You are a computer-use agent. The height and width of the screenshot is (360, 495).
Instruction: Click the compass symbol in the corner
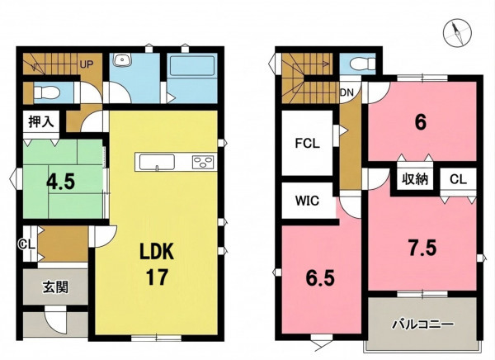point(457,32)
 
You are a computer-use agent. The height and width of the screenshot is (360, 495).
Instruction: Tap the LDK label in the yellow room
point(157,252)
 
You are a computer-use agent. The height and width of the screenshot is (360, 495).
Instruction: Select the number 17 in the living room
point(157,277)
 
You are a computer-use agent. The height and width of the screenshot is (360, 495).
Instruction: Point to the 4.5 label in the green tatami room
point(60,182)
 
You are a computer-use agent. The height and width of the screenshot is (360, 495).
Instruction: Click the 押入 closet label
point(41,121)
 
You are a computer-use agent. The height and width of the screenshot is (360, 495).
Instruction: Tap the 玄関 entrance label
point(55,287)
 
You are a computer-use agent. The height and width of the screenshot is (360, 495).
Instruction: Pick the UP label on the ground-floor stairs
point(87,64)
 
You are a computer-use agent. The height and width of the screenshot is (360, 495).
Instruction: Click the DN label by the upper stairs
point(346,92)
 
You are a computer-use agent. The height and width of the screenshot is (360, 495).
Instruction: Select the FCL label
point(308,144)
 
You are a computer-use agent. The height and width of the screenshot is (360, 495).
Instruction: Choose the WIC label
point(307,201)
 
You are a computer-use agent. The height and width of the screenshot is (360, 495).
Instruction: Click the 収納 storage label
point(415,179)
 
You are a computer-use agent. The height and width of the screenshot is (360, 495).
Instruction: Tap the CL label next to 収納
point(458,179)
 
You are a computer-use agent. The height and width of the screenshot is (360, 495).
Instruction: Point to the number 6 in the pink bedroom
point(421,122)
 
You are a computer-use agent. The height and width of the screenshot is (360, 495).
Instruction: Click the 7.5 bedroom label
point(422,248)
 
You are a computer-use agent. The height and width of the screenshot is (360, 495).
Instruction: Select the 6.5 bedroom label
point(320,278)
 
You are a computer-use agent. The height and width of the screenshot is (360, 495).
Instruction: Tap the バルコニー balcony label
point(423,324)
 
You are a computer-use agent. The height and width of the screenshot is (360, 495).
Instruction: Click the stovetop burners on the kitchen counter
point(203,162)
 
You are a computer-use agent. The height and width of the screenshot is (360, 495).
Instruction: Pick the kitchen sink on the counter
point(157,162)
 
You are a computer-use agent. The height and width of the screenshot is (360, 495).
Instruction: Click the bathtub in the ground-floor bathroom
point(191,66)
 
